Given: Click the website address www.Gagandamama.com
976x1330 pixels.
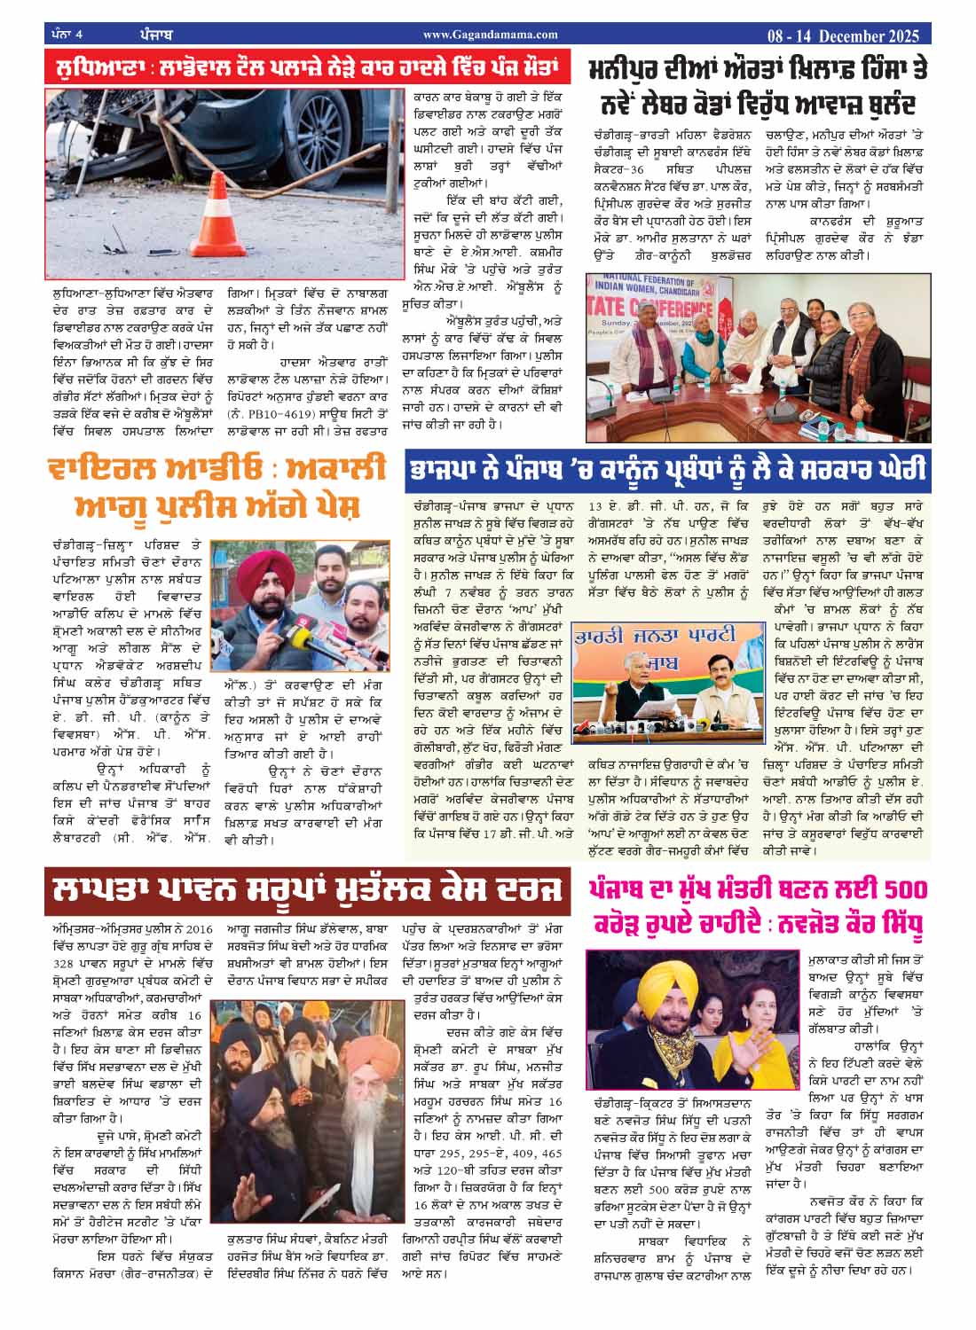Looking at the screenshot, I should pyautogui.click(x=490, y=35).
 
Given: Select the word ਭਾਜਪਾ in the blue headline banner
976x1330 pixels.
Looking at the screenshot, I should pyautogui.click(x=449, y=467).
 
